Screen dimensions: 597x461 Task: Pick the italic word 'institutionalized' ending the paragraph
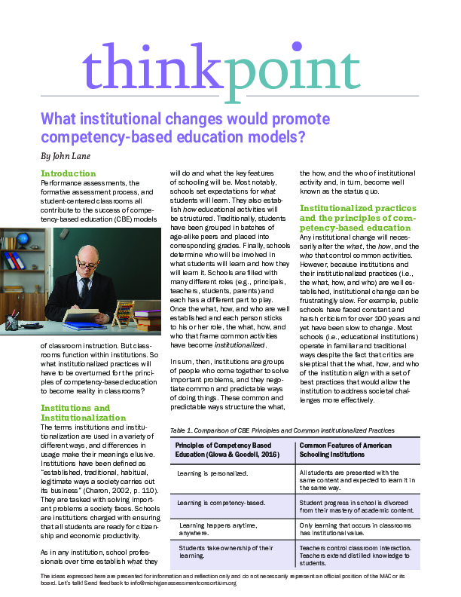click(239, 344)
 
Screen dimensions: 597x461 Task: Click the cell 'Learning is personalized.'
click(212, 473)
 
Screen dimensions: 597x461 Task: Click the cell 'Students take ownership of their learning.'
click(222, 552)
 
